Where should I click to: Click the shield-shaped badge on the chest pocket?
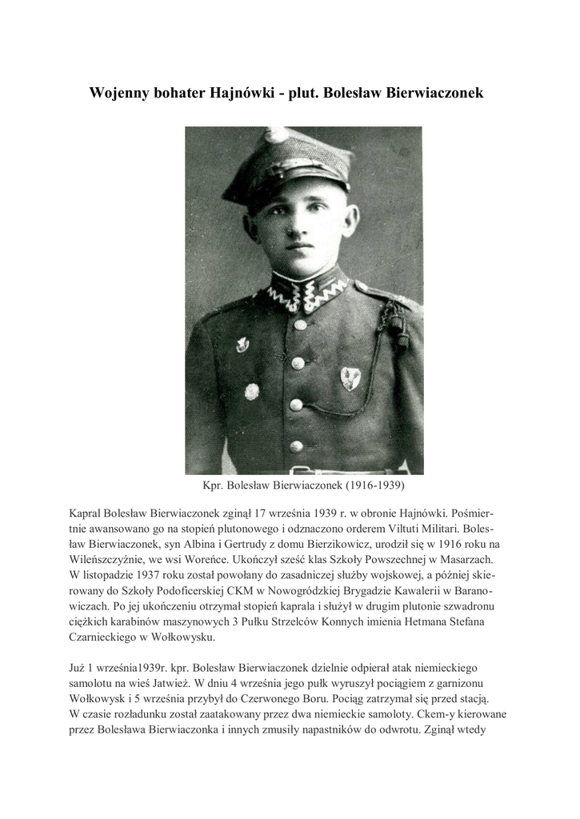[350, 376]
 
